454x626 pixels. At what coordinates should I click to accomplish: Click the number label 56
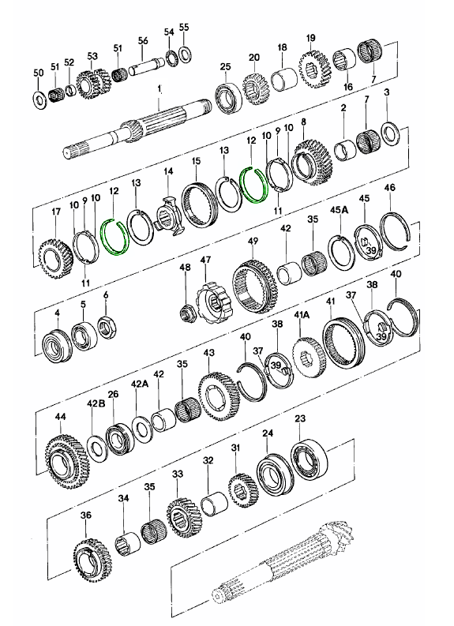point(143,40)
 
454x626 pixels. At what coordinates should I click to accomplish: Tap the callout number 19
point(311,38)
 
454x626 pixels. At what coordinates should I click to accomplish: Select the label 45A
point(340,210)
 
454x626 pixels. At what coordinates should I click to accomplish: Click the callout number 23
point(300,418)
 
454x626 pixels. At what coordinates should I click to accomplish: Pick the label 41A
point(302,316)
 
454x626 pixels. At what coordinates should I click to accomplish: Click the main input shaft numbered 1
point(137,128)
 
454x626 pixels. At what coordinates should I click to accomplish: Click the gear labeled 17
point(55,259)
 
